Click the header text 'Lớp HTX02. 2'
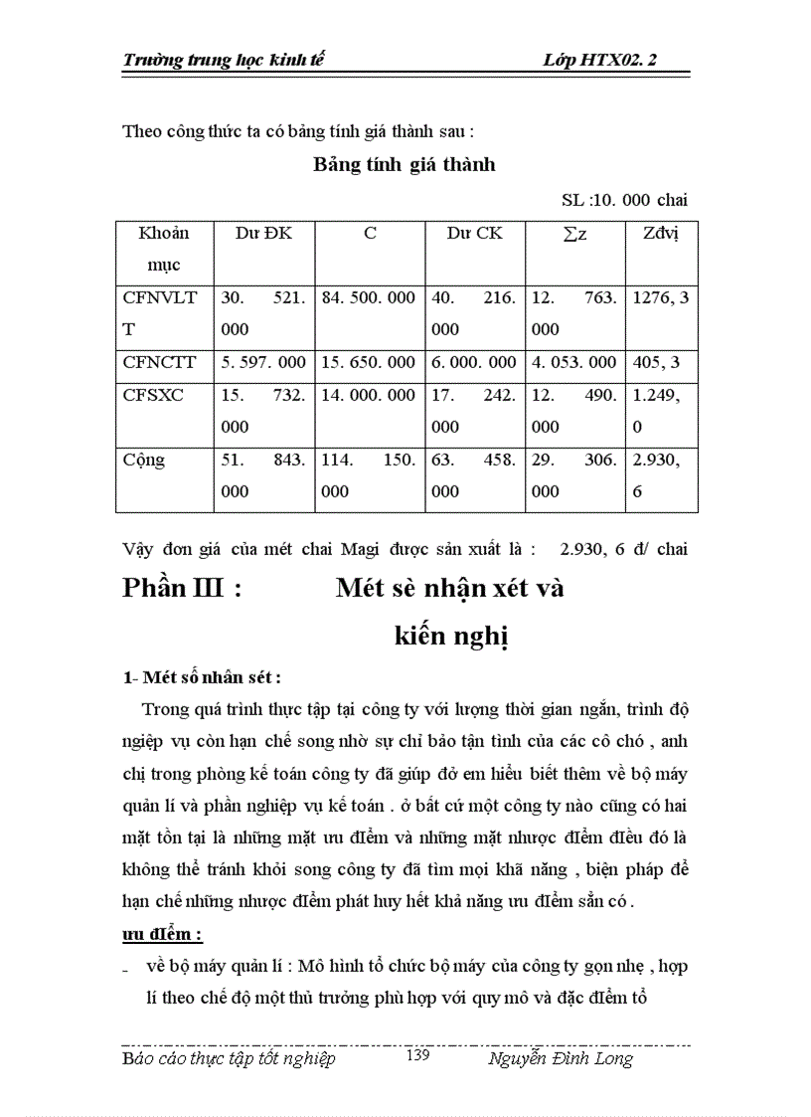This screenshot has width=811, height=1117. tap(600, 60)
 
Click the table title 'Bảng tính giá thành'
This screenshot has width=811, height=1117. tap(405, 164)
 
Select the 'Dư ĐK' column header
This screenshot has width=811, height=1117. tap(262, 234)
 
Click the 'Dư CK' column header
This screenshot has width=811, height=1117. tap(474, 234)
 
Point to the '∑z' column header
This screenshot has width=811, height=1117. tap(573, 234)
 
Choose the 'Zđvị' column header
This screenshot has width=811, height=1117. tap(660, 234)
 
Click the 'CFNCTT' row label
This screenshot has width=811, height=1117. tap(159, 363)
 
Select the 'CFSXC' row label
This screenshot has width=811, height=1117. tap(153, 395)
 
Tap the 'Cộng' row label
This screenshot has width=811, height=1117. tap(144, 461)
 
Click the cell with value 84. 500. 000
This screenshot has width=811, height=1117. tap(368, 297)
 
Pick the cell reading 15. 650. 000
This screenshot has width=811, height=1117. tap(368, 363)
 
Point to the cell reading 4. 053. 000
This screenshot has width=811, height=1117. tap(574, 363)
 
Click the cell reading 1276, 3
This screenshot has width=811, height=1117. tap(660, 297)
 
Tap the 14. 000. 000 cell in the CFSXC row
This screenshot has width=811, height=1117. tap(368, 395)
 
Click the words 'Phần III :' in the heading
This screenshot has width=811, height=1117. tap(183, 588)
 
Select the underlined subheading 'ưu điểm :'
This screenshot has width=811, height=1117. tap(162, 935)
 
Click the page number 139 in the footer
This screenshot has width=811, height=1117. tap(417, 1056)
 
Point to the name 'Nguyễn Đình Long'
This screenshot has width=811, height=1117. tap(561, 1058)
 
